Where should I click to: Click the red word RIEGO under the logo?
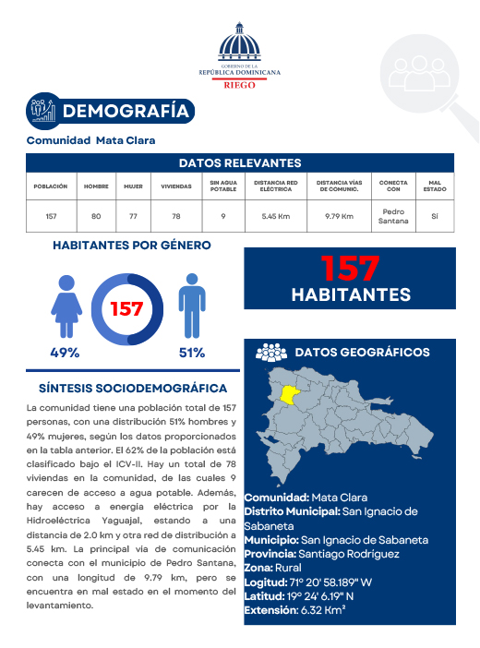(240, 83)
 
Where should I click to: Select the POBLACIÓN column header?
(51, 186)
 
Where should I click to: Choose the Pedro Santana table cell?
(393, 216)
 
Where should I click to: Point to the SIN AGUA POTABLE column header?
(217, 186)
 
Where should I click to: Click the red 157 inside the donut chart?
(126, 308)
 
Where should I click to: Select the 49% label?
(65, 353)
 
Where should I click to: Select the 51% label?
(191, 353)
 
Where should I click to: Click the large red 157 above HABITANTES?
(350, 269)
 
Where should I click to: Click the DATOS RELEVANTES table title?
(239, 162)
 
